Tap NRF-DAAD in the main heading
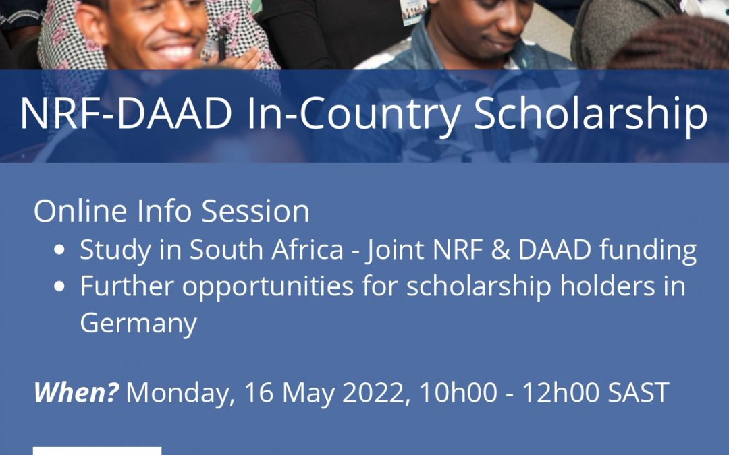point(126,114)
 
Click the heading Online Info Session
point(171,211)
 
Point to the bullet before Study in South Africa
point(59,250)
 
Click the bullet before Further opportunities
point(59,286)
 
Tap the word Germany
point(138,324)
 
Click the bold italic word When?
point(76,392)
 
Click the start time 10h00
point(458,393)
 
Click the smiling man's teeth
point(175,53)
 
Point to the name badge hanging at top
point(413,11)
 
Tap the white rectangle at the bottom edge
point(97,451)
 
